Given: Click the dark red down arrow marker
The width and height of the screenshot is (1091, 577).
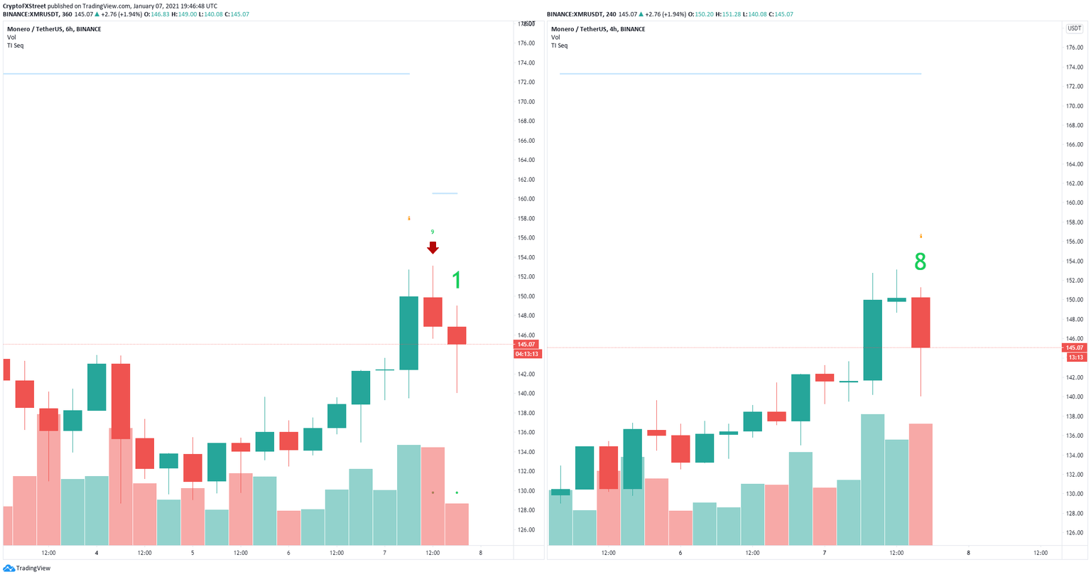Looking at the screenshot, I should tap(433, 248).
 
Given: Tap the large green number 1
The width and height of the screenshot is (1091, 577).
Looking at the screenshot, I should tap(457, 281).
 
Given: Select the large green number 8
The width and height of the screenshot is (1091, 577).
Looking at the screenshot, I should tap(920, 263).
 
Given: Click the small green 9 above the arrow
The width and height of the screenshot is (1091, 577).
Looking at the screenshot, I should tap(433, 232).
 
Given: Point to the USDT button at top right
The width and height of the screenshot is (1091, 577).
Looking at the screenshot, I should tap(1073, 28).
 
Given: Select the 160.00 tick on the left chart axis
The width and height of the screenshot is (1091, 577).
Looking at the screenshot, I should tap(526, 199).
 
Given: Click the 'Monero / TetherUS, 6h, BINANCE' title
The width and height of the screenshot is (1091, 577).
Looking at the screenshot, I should tap(54, 29).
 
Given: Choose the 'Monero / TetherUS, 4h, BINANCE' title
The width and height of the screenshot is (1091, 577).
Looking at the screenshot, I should tap(598, 29).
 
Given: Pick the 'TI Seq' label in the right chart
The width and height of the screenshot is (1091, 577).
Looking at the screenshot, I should tap(559, 45).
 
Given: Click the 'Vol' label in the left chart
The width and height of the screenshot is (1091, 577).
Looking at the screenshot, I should tap(11, 37).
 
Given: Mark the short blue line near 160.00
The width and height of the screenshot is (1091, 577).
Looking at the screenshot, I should tap(445, 193).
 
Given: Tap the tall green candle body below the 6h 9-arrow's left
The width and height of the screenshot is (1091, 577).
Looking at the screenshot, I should tap(408, 333).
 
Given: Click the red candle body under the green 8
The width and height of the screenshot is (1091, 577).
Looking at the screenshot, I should tap(921, 323).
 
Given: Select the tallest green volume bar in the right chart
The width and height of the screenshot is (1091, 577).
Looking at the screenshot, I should tap(872, 480).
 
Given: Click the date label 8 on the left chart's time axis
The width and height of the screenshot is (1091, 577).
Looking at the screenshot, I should tap(481, 553).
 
